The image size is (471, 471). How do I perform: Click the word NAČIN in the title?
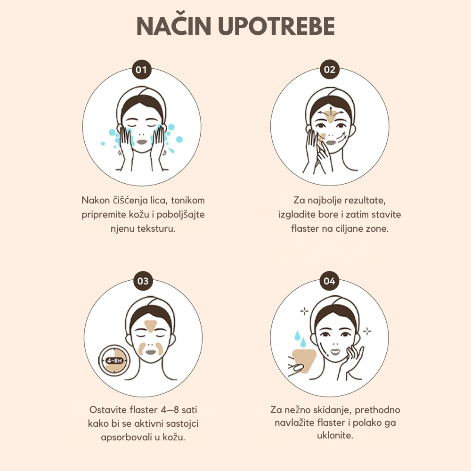coord(174,25)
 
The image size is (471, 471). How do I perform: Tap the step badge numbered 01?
coord(141,70)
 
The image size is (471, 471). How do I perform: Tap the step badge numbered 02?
coord(330,70)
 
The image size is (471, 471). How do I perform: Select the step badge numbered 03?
coord(143,281)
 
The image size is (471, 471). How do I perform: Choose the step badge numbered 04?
coord(330,281)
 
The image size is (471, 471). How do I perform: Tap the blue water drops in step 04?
coord(300,338)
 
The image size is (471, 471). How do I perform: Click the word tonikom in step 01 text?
coord(188,200)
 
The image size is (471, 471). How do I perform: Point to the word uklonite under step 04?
coord(335,435)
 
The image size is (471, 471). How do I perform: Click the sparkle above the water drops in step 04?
coord(304,311)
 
